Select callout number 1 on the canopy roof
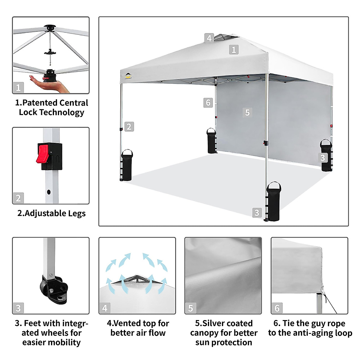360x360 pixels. click(234, 49)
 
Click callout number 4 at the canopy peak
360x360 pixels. click(209, 38)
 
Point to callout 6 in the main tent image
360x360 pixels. click(208, 103)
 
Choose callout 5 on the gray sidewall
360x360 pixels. click(247, 112)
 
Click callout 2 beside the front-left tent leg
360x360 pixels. click(129, 127)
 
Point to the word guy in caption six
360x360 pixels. click(318, 323)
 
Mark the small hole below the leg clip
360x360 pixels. click(49, 191)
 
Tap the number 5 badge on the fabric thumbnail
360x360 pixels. click(190, 308)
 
